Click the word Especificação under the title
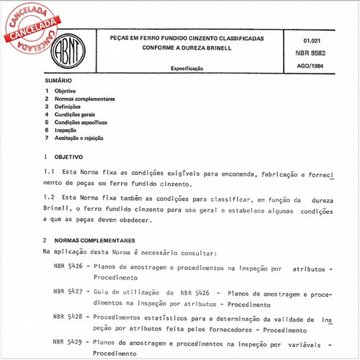[x=187, y=68]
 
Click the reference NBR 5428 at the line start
[x=69, y=316]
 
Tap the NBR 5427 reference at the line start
[x=69, y=292]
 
